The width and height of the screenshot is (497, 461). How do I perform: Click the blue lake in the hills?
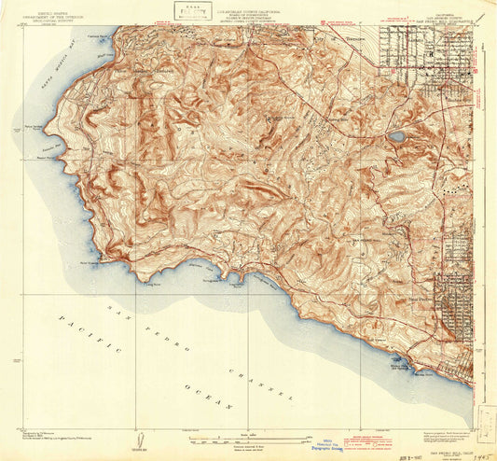click(397, 136)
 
